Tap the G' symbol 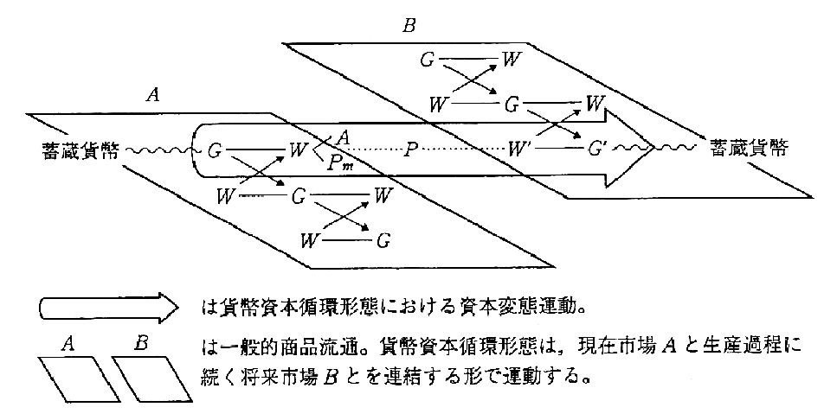coord(596,148)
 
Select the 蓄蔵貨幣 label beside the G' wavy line coord(750,147)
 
